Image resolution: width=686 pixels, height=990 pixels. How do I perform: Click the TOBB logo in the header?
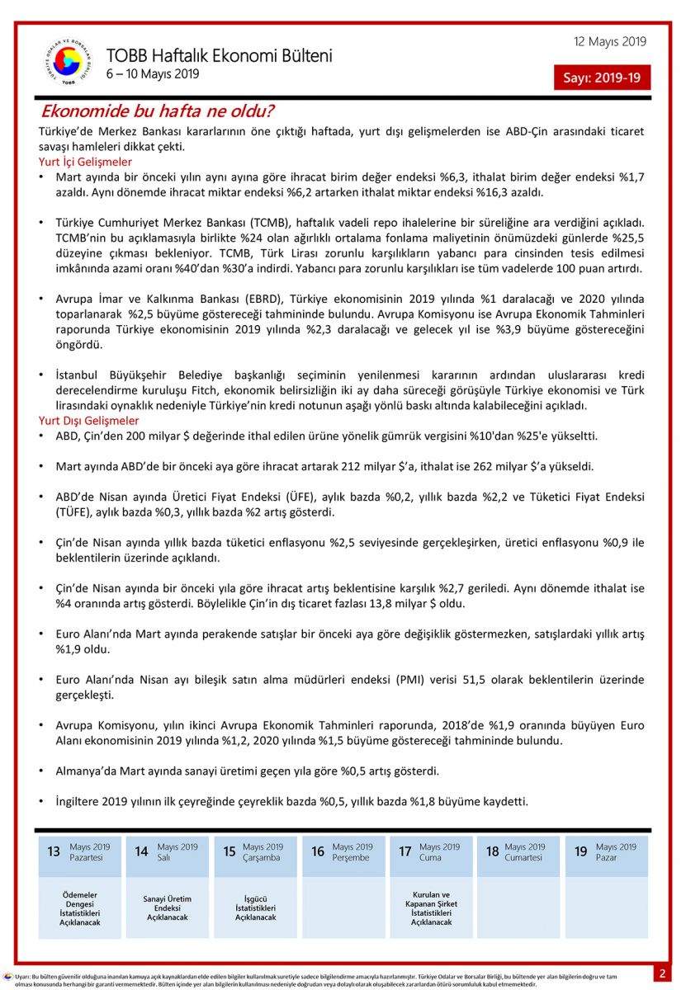click(69, 63)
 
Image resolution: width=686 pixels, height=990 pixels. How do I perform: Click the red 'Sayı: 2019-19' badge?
click(602, 78)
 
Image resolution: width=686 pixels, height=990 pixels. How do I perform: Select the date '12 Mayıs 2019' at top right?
click(610, 42)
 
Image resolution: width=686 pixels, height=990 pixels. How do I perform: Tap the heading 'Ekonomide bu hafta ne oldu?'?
click(158, 111)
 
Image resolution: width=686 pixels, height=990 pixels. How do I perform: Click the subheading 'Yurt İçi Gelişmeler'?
click(85, 162)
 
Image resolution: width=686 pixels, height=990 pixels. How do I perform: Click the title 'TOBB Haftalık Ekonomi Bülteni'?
click(219, 56)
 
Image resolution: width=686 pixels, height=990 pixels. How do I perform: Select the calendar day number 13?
click(54, 851)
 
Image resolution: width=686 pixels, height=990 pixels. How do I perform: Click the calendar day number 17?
click(405, 851)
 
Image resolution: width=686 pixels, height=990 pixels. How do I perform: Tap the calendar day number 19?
click(581, 851)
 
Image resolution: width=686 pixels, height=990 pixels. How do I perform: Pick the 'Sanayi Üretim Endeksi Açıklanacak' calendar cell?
click(168, 907)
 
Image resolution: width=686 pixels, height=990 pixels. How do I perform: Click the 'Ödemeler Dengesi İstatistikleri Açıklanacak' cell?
click(80, 908)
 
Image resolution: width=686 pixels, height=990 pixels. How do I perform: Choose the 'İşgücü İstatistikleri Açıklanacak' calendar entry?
click(255, 907)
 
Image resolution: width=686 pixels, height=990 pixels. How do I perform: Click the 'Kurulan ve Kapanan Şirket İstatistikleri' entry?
click(431, 908)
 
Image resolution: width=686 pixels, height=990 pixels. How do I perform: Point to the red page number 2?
click(661, 973)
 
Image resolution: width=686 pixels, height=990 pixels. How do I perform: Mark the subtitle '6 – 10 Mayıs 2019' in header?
click(153, 74)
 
